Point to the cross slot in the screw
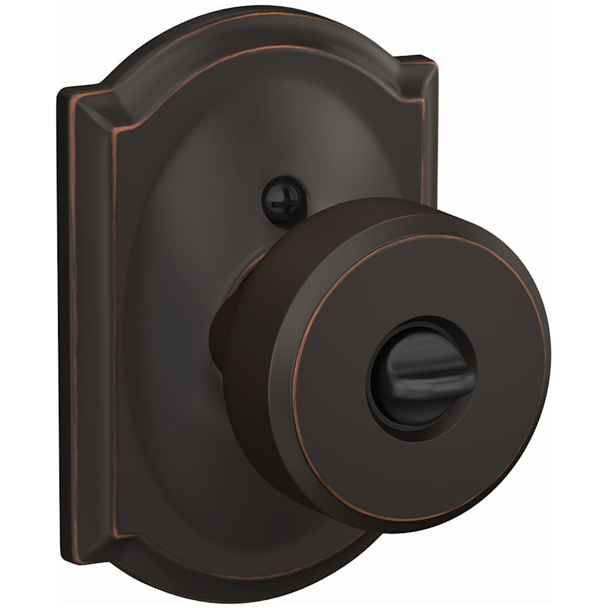(x=274, y=195)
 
